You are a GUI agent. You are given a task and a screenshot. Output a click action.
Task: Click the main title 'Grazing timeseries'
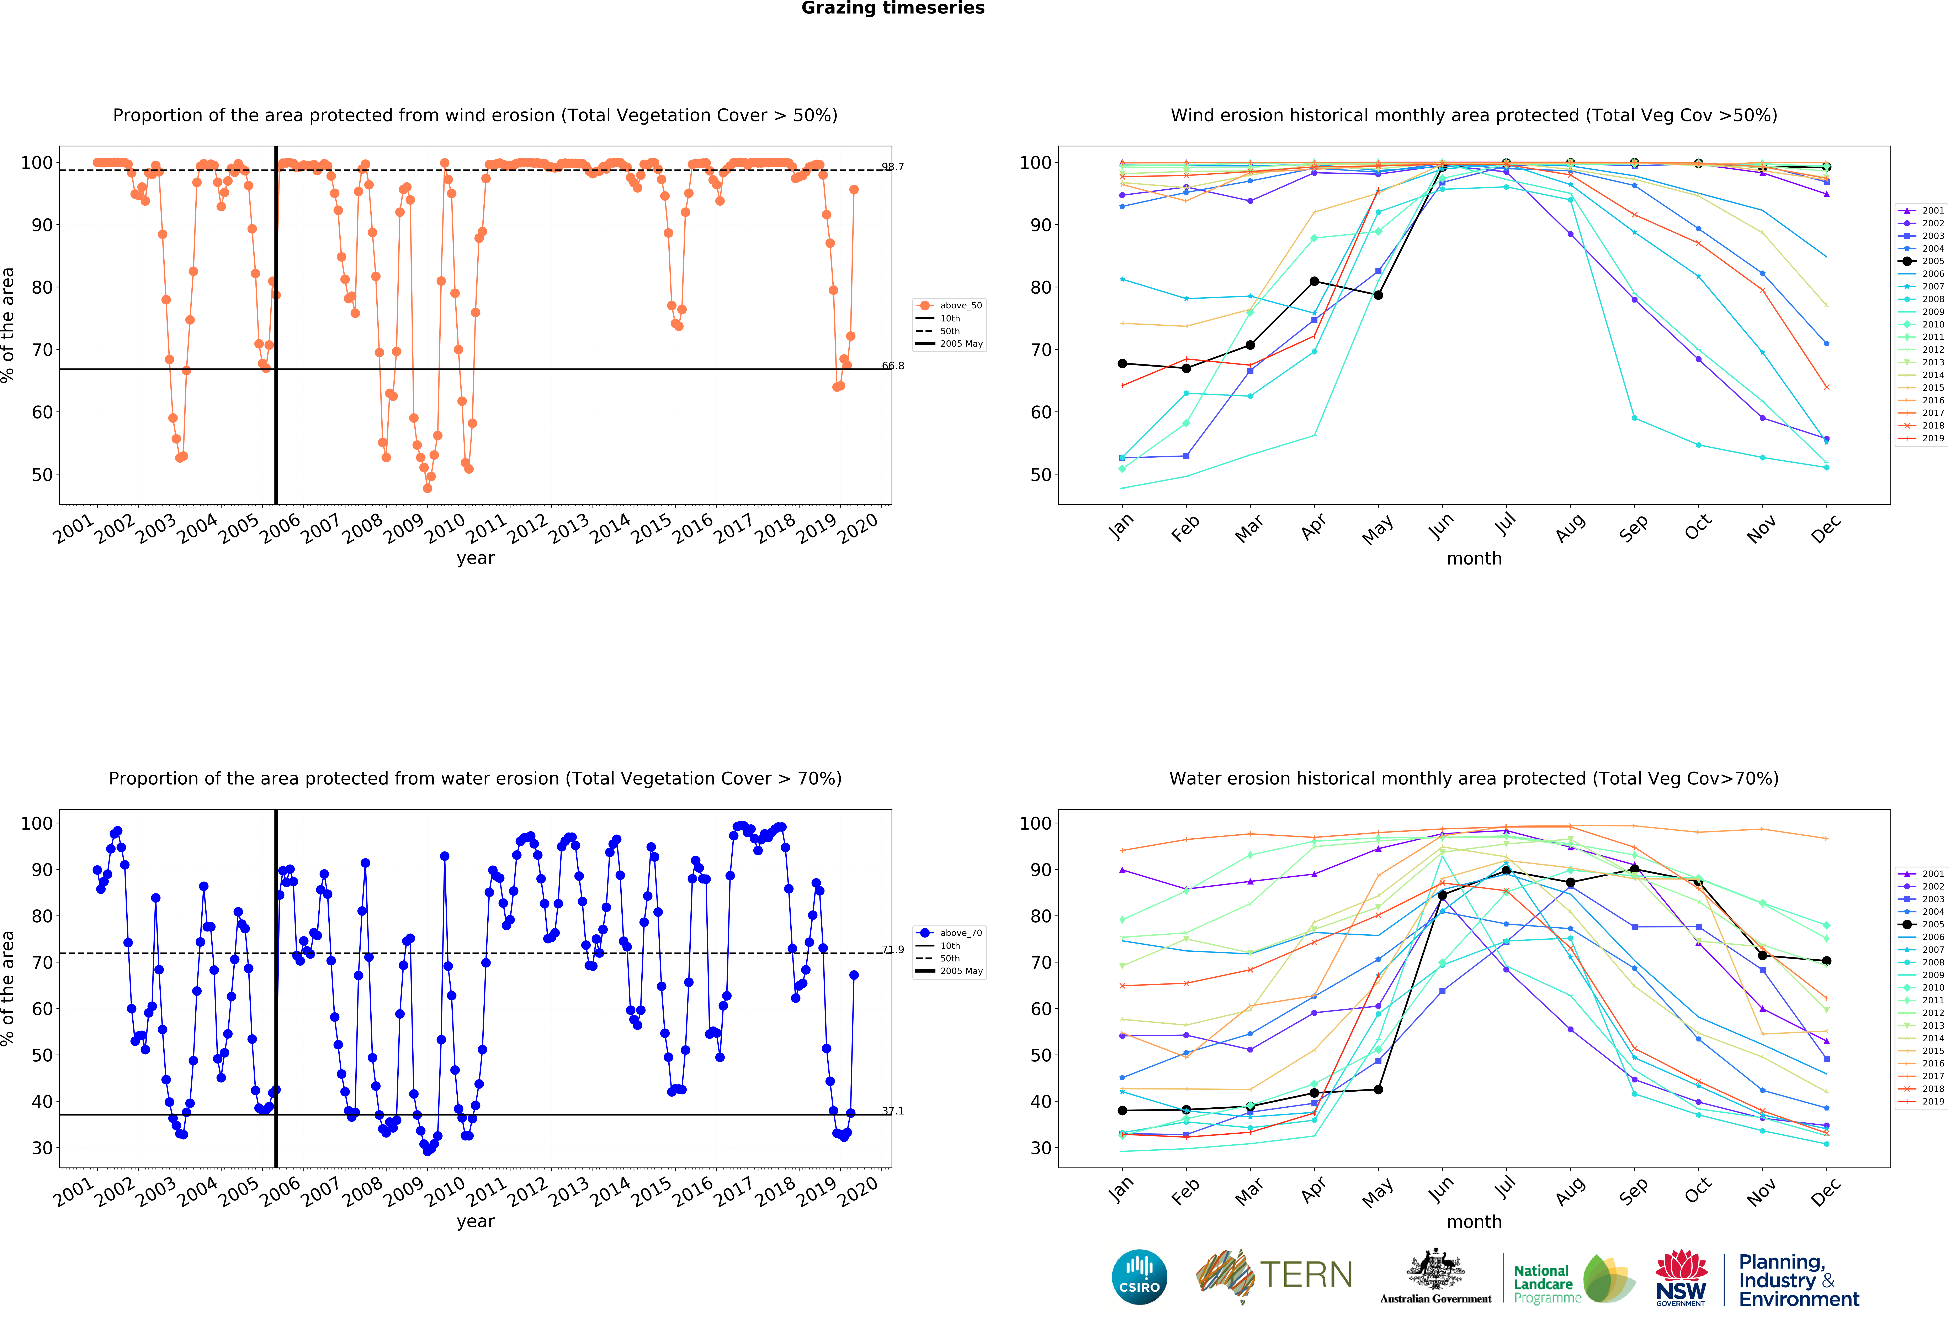coord(893,8)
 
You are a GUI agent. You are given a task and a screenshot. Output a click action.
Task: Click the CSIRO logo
coord(1139,1277)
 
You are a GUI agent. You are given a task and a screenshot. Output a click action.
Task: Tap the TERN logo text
coord(1306,1275)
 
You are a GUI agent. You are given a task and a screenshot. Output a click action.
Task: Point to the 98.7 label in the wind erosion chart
coord(893,167)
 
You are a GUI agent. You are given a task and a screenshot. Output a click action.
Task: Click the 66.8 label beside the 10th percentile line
coord(893,366)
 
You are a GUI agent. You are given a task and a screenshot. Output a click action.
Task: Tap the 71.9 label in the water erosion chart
coord(893,950)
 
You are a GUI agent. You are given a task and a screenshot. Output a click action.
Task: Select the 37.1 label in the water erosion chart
coord(893,1111)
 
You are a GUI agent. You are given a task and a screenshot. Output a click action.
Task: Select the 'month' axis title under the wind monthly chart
coord(1474,558)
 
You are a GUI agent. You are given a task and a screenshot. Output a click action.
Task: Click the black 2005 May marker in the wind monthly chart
coord(1378,295)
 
